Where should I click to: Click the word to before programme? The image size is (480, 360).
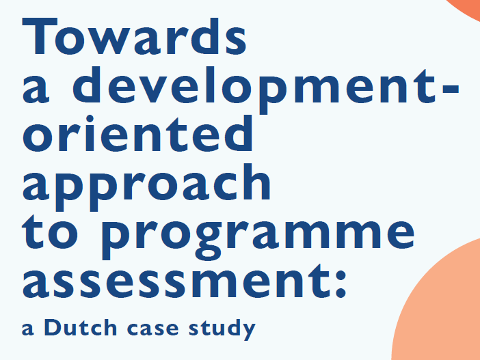[x=51, y=232]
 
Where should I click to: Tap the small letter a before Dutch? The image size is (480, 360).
[x=27, y=331]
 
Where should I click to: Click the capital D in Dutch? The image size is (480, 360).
[x=53, y=328]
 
